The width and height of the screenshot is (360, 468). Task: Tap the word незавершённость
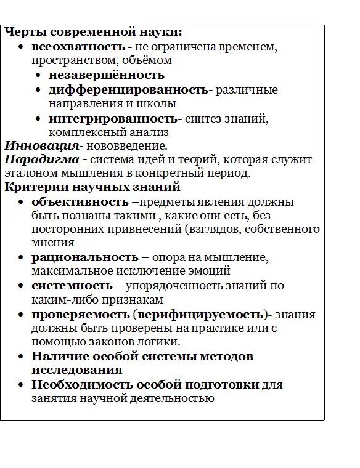[x=107, y=75]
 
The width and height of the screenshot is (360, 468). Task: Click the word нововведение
[x=126, y=146]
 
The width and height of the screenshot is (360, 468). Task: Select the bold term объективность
[x=80, y=202]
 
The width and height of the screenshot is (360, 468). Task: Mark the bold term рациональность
[x=85, y=257]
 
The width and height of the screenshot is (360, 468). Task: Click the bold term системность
[x=72, y=286]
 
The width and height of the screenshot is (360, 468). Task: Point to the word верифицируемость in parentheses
[x=200, y=315]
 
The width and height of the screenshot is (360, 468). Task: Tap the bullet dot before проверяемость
[x=21, y=315]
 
